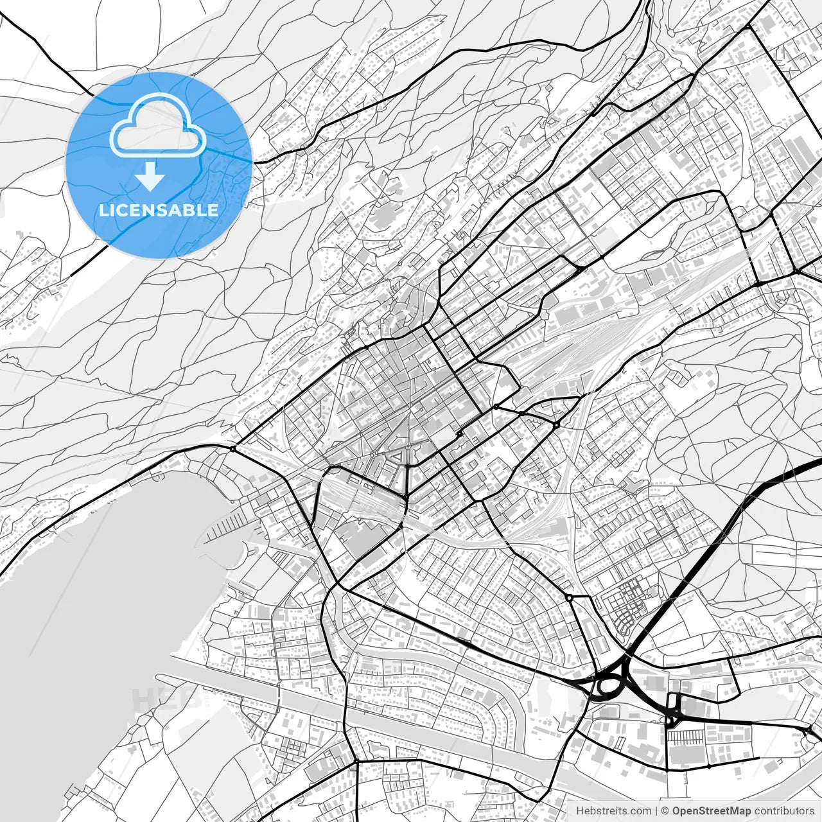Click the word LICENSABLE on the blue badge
pyautogui.click(x=159, y=210)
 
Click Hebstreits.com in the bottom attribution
pyautogui.click(x=613, y=811)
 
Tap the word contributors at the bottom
pyautogui.click(x=783, y=811)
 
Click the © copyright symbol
pyautogui.click(x=665, y=811)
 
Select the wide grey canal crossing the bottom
pyautogui.click(x=385, y=726)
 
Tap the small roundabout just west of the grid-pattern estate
pyautogui.click(x=569, y=597)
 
